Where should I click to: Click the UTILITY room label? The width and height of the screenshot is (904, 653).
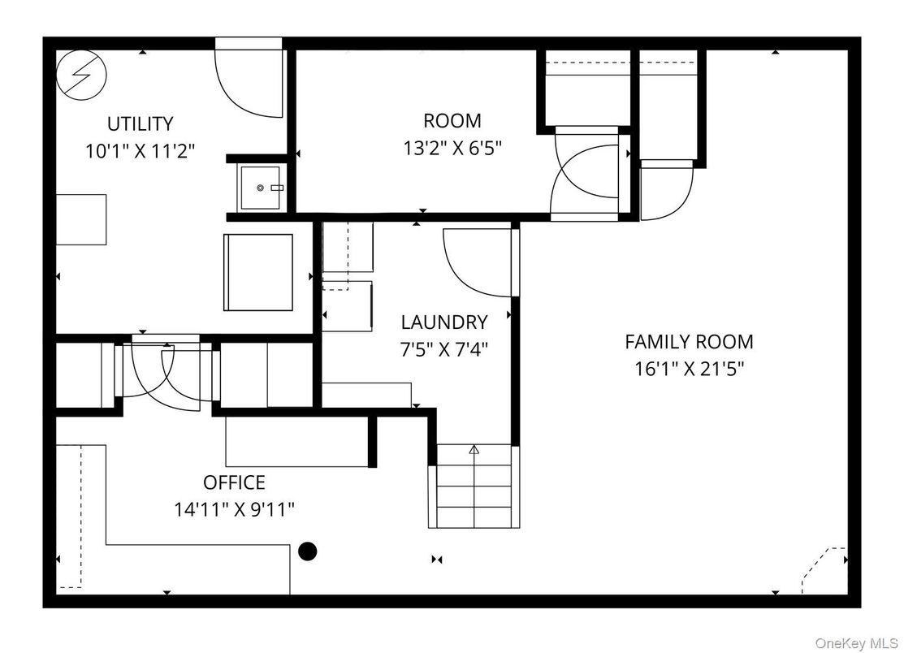pos(140,124)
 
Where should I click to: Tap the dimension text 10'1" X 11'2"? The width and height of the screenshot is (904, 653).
pos(140,152)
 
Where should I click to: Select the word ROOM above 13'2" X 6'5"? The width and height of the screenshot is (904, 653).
pos(452,121)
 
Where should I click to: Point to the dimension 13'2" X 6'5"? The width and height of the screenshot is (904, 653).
pos(452,149)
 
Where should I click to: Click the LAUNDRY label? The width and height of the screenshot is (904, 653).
pos(444,322)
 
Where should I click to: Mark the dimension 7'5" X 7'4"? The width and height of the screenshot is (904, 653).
pos(444,349)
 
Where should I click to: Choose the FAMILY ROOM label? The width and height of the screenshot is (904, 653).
pos(689,342)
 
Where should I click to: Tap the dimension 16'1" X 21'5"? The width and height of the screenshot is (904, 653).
pos(689,369)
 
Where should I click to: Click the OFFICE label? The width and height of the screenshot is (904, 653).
pos(234,482)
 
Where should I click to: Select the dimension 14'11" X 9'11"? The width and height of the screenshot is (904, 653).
pos(234,509)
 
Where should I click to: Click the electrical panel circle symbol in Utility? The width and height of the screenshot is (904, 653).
pos(82,75)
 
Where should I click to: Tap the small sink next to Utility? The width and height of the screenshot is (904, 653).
pos(261,188)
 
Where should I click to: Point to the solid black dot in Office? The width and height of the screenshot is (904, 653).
pos(307,551)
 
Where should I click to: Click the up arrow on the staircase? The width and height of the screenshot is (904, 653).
pos(474,449)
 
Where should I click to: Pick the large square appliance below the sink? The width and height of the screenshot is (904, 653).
pos(258,273)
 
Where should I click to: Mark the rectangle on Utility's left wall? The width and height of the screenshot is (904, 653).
pos(81,219)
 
